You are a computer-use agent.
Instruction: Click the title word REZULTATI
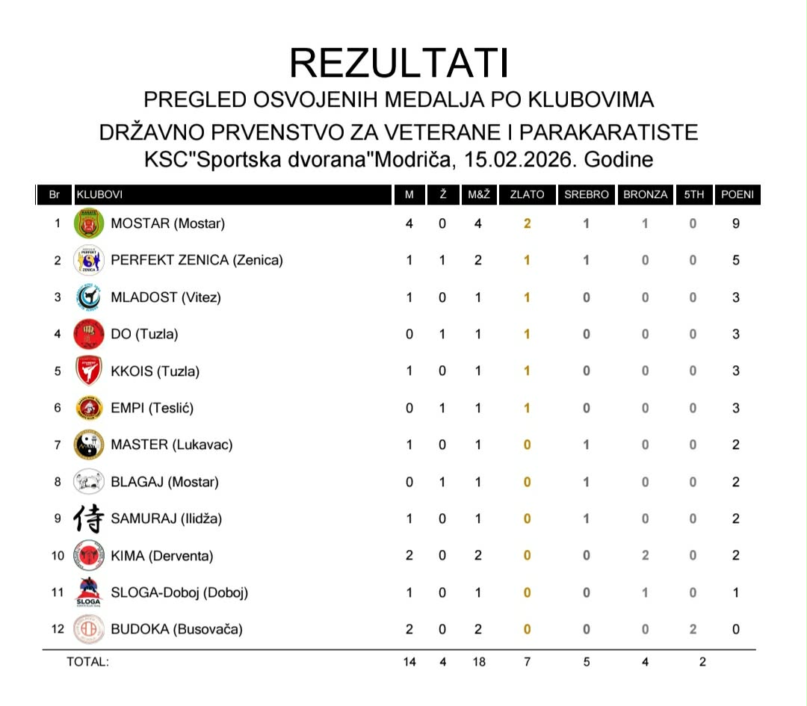[399, 63]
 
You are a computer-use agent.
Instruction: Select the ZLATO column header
[527, 195]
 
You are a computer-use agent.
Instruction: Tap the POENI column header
[736, 195]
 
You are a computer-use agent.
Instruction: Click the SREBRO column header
[587, 195]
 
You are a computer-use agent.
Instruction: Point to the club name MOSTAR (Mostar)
[167, 223]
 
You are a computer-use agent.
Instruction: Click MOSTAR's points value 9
[736, 223]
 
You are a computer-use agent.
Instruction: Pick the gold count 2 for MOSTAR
[527, 223]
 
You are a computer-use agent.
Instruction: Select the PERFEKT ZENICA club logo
[88, 260]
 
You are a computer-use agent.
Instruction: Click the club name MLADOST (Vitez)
[166, 297]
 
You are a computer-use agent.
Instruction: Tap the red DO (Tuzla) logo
[88, 334]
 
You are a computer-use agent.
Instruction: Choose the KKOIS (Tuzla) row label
[155, 371]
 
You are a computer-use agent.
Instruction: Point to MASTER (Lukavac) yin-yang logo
[88, 445]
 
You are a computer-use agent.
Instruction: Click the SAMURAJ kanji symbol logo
[88, 518]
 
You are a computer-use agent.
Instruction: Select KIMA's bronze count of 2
[645, 556]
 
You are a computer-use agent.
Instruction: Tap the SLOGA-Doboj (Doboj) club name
[179, 592]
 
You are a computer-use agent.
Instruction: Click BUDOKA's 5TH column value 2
[693, 629]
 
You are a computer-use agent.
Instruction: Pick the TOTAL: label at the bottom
[87, 662]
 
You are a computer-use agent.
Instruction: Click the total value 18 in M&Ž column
[478, 662]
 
